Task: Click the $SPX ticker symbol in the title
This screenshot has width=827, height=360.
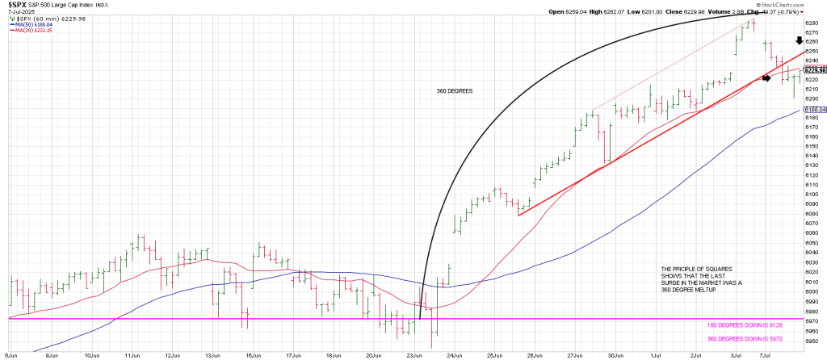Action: coord(16,5)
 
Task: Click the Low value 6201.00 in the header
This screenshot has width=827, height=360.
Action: coord(668,12)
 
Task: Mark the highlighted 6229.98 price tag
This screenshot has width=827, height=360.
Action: coord(812,70)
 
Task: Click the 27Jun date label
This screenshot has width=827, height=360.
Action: coord(575,354)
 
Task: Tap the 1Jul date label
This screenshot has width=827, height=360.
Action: coord(656,354)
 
